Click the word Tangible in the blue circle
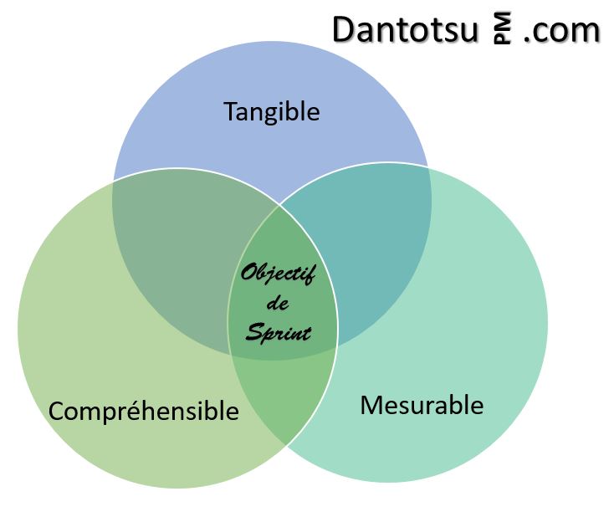point(272,111)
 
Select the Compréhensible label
point(143,411)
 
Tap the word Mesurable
point(422,405)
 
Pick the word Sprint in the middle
point(279,333)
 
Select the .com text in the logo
point(563,30)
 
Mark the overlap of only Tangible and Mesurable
point(376,243)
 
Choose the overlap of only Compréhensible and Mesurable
point(284,402)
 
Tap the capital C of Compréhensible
point(57,411)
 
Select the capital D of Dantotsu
point(344,29)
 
